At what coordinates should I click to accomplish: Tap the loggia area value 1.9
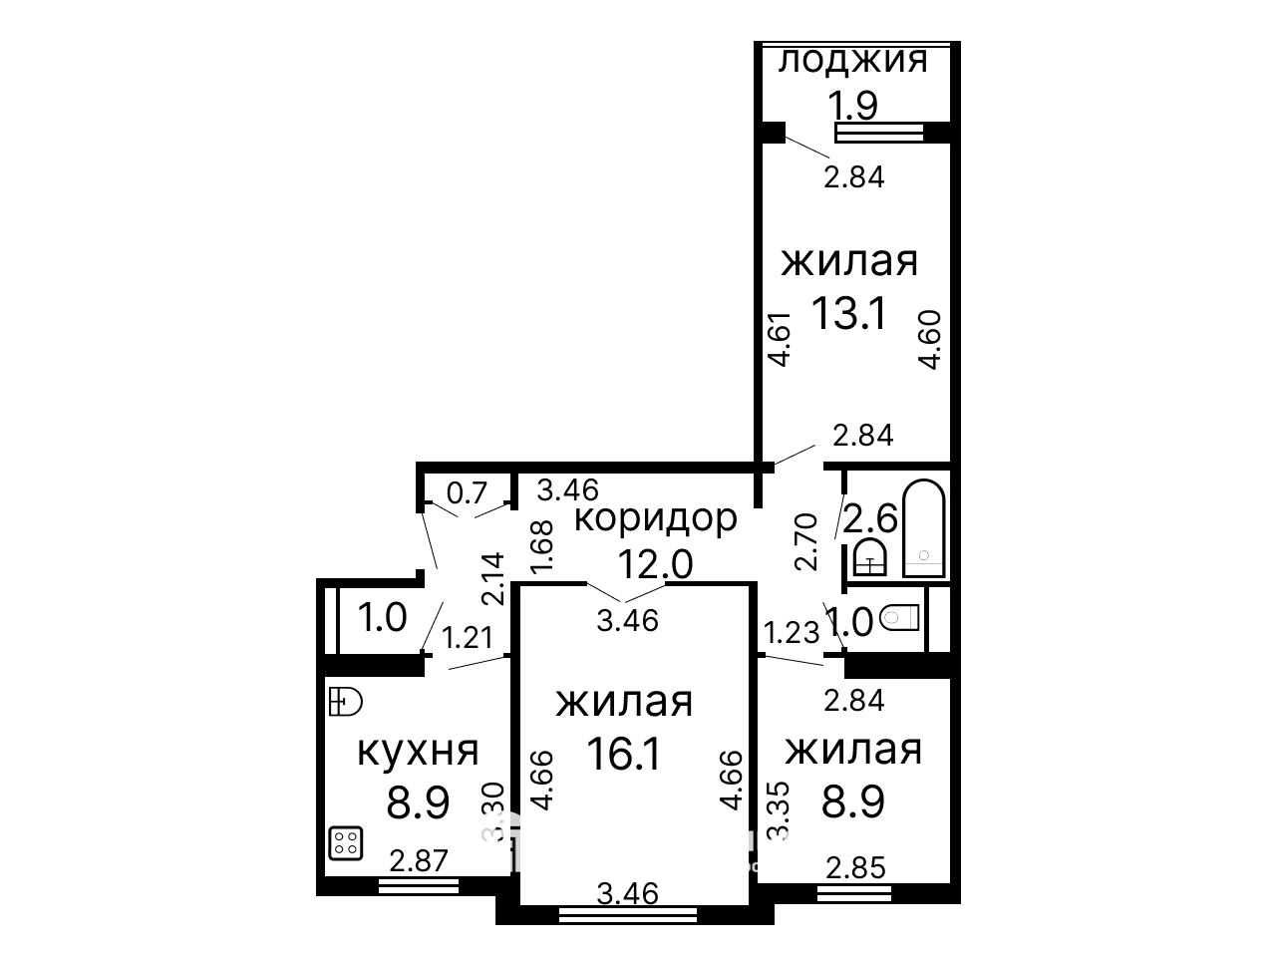(852, 106)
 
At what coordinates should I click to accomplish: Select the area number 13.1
(848, 313)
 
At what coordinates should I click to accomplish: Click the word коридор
(656, 518)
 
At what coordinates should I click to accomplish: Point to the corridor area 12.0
(655, 563)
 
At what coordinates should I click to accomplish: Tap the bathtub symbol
(924, 527)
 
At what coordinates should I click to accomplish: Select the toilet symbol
(899, 617)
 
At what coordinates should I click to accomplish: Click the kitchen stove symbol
(346, 843)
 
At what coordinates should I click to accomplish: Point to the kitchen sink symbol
(345, 702)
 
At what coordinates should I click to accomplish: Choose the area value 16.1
(624, 754)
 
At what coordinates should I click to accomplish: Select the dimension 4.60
(929, 340)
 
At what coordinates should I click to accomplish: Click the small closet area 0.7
(467, 492)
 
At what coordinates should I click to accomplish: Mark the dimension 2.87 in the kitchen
(419, 861)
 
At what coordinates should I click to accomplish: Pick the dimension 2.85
(855, 868)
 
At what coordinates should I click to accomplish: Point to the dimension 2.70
(806, 541)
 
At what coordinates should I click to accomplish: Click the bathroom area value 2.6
(869, 518)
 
